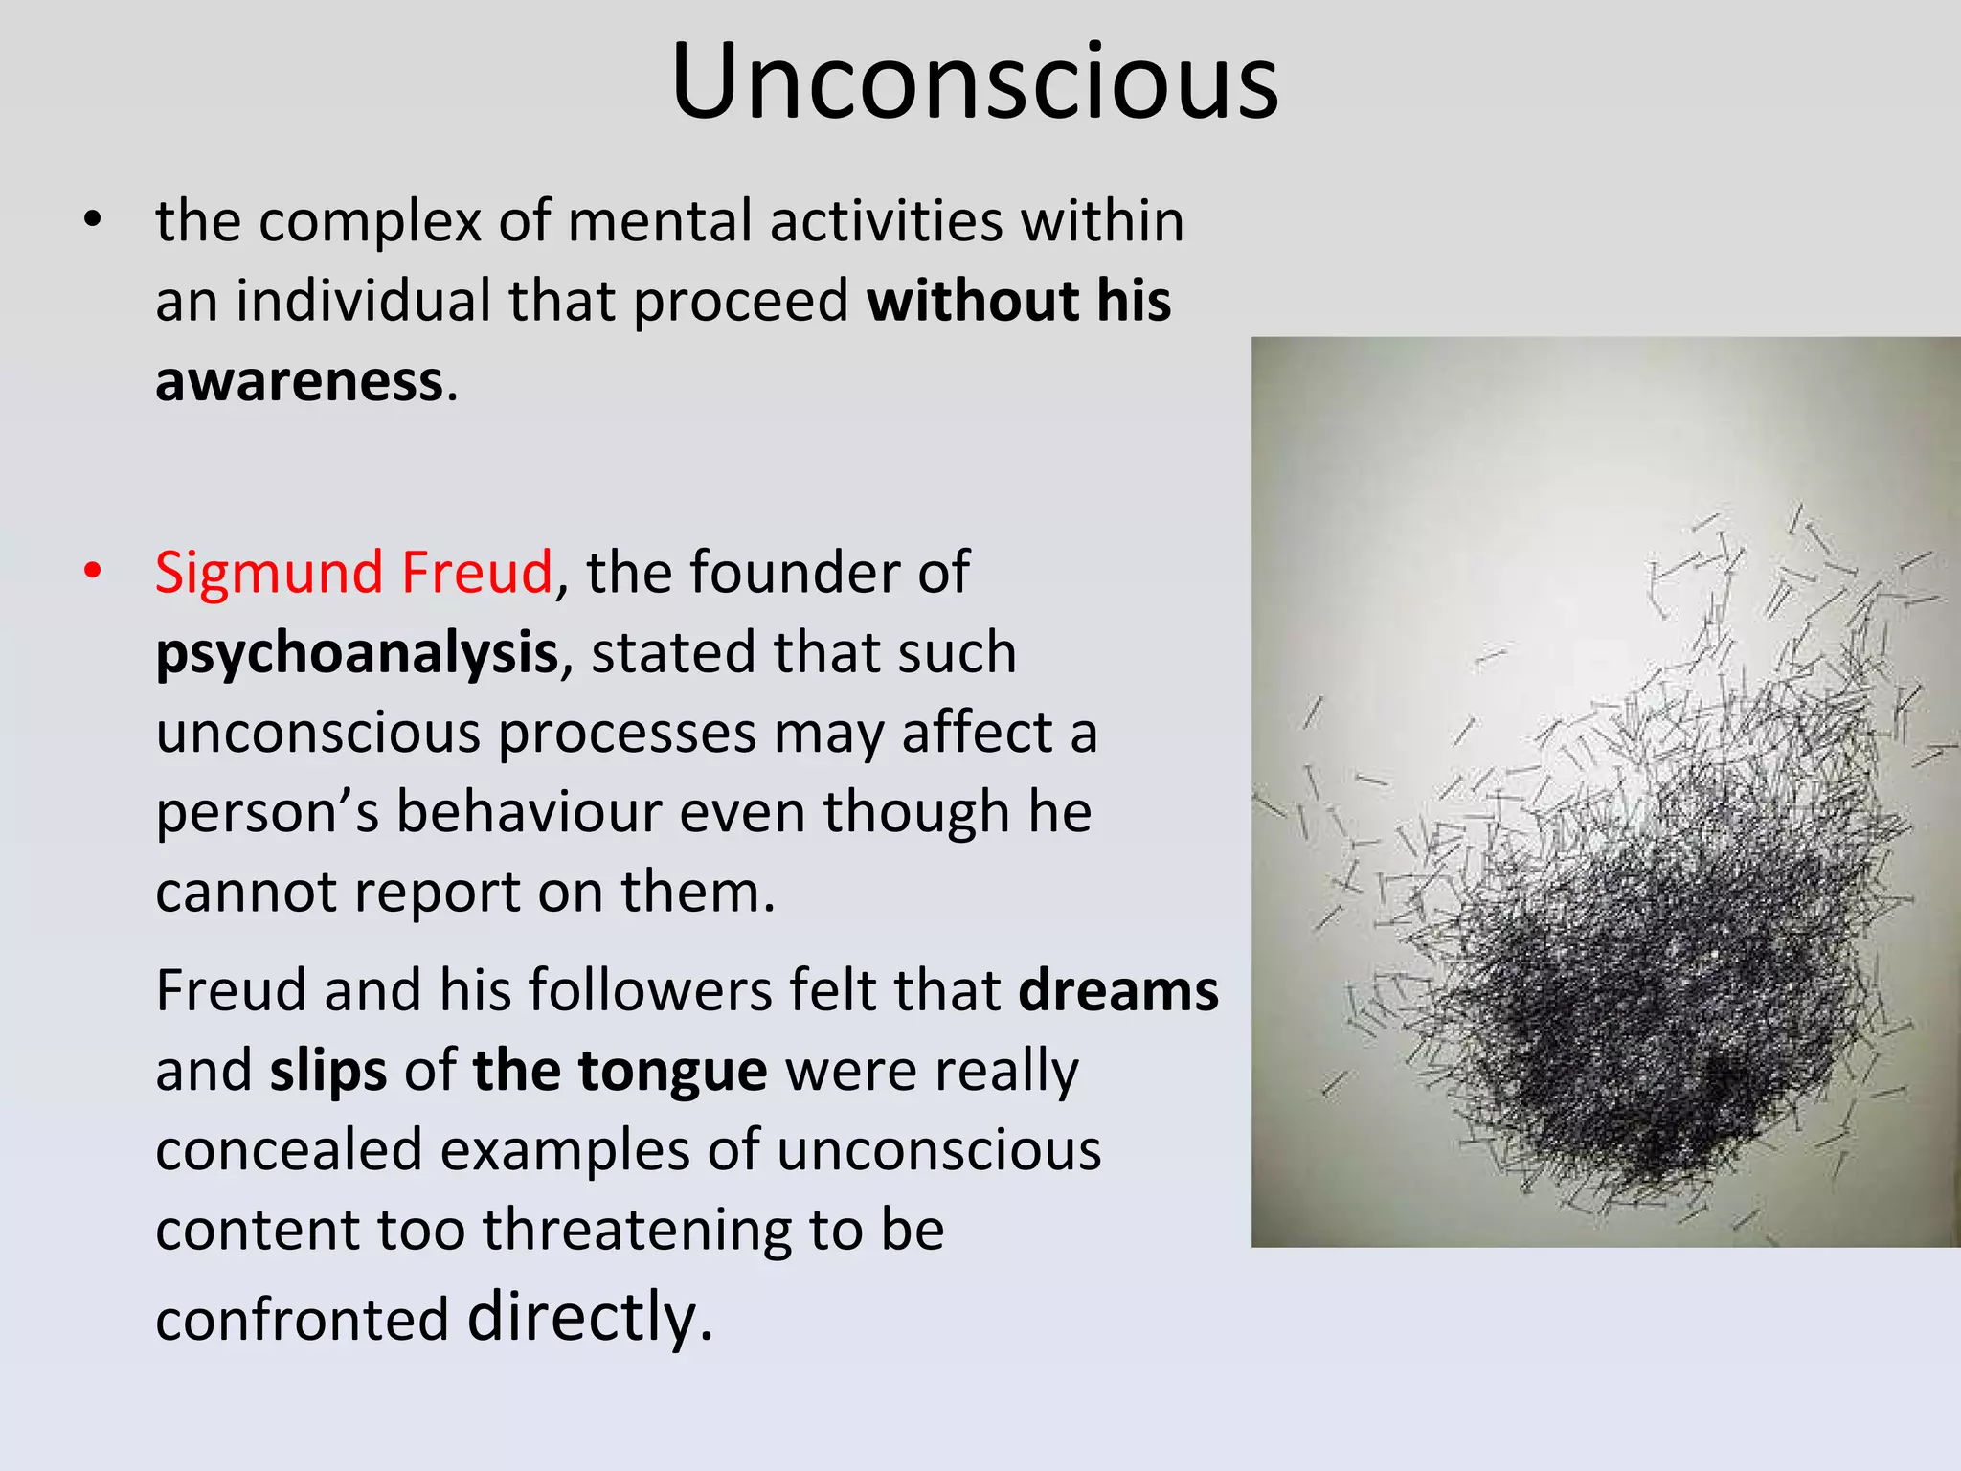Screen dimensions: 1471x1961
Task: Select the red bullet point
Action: pyautogui.click(x=92, y=572)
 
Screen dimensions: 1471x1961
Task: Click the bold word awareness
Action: pyautogui.click(x=299, y=381)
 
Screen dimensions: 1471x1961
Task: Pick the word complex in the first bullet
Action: pyautogui.click(x=370, y=223)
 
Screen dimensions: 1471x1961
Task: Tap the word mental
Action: pyautogui.click(x=660, y=221)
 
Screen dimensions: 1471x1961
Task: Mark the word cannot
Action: pyautogui.click(x=244, y=893)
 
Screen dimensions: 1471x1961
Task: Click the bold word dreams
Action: pyautogui.click(x=1118, y=990)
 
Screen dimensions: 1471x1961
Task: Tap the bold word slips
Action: pyautogui.click(x=327, y=1073)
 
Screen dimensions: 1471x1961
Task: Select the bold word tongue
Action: pyautogui.click(x=672, y=1073)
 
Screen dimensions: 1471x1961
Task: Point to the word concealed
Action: pyautogui.click(x=288, y=1150)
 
